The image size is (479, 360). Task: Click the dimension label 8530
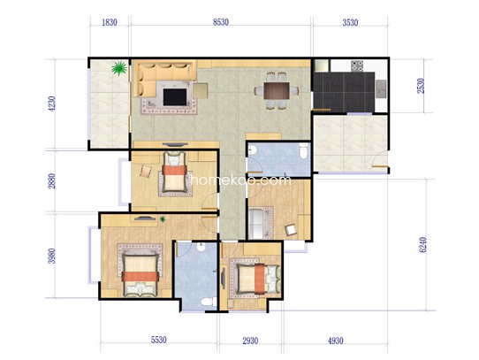tap(221, 22)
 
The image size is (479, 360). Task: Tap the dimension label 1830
tap(110, 22)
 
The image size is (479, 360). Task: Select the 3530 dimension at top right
tap(350, 22)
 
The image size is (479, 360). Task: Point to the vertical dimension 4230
tap(52, 103)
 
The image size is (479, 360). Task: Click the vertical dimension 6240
tap(423, 245)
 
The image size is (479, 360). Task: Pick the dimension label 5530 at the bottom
tap(159, 340)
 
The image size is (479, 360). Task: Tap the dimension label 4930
tap(336, 341)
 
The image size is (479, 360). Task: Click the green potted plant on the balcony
tap(119, 68)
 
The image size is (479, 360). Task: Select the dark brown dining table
tap(277, 90)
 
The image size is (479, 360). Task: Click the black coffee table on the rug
tap(175, 97)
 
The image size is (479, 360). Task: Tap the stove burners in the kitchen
tap(357, 65)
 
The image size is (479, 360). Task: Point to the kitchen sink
tap(381, 88)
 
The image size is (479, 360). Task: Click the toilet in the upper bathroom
tap(303, 151)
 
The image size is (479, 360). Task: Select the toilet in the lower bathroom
tap(207, 303)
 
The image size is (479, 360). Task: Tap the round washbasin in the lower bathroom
tap(201, 247)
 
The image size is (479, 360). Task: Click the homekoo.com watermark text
tap(241, 180)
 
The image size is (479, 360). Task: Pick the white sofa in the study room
tap(256, 223)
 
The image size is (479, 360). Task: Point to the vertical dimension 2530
tap(421, 86)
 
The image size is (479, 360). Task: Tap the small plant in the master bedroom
tap(163, 219)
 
